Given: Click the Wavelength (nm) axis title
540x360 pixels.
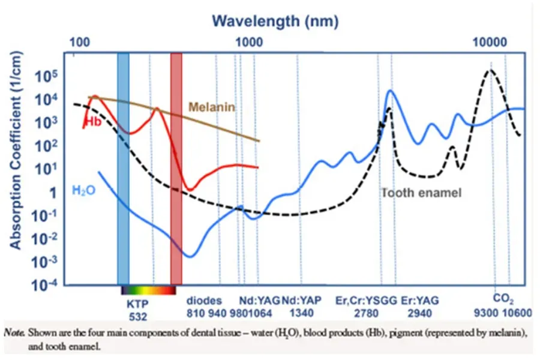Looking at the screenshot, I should pos(274,22).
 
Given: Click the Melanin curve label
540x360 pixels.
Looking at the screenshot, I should pos(211,107).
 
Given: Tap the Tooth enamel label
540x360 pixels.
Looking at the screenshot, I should pos(421,193).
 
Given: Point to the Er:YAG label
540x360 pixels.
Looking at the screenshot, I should pos(421,301).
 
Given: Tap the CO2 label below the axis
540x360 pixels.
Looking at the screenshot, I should pos(503,298).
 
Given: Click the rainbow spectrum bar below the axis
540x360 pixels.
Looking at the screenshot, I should pos(148,290).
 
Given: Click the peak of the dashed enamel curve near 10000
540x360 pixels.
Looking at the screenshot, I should pos(490,70).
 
